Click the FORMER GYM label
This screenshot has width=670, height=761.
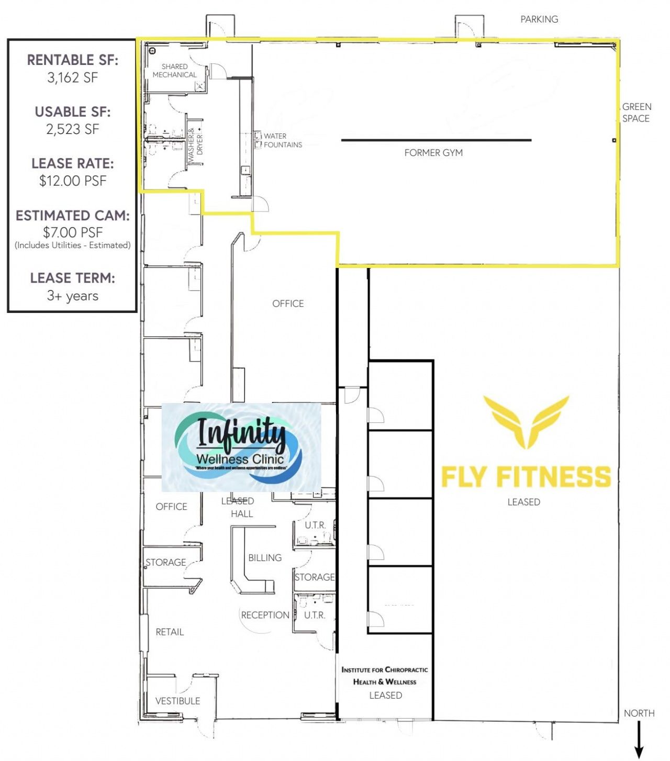pyautogui.click(x=433, y=153)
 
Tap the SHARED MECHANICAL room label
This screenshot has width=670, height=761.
pyautogui.click(x=174, y=71)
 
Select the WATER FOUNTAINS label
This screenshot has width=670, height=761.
pyautogui.click(x=282, y=140)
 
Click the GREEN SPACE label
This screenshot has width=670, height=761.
pyautogui.click(x=636, y=113)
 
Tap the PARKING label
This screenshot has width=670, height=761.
pyautogui.click(x=539, y=19)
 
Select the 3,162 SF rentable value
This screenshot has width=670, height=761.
pyautogui.click(x=73, y=78)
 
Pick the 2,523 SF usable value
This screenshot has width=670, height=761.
pyautogui.click(x=73, y=129)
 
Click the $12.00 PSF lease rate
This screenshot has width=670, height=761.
pyautogui.click(x=73, y=181)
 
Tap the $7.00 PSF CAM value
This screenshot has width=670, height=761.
pyautogui.click(x=73, y=232)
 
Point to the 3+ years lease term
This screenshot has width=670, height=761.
pyautogui.click(x=73, y=296)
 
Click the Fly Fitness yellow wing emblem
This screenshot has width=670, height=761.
pyautogui.click(x=526, y=422)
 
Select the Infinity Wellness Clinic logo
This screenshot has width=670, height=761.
pyautogui.click(x=241, y=447)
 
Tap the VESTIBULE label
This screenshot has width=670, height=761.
pyautogui.click(x=177, y=701)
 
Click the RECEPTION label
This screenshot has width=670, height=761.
pyautogui.click(x=265, y=615)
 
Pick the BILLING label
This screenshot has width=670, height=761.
pyautogui.click(x=265, y=558)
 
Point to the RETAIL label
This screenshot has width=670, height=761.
pyautogui.click(x=170, y=632)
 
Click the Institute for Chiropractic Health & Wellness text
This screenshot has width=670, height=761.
pyautogui.click(x=385, y=676)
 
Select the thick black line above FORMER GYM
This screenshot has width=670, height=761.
pyautogui.click(x=436, y=140)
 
